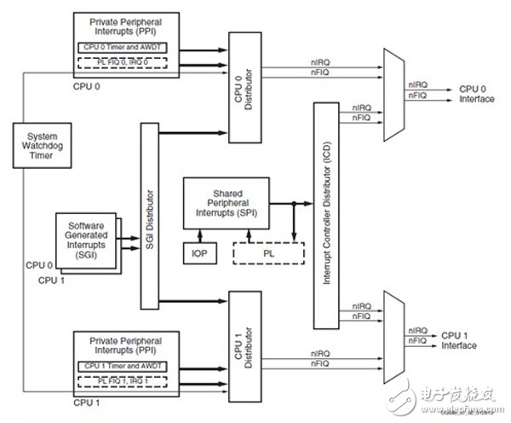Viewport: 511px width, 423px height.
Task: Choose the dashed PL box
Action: click(268, 253)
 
